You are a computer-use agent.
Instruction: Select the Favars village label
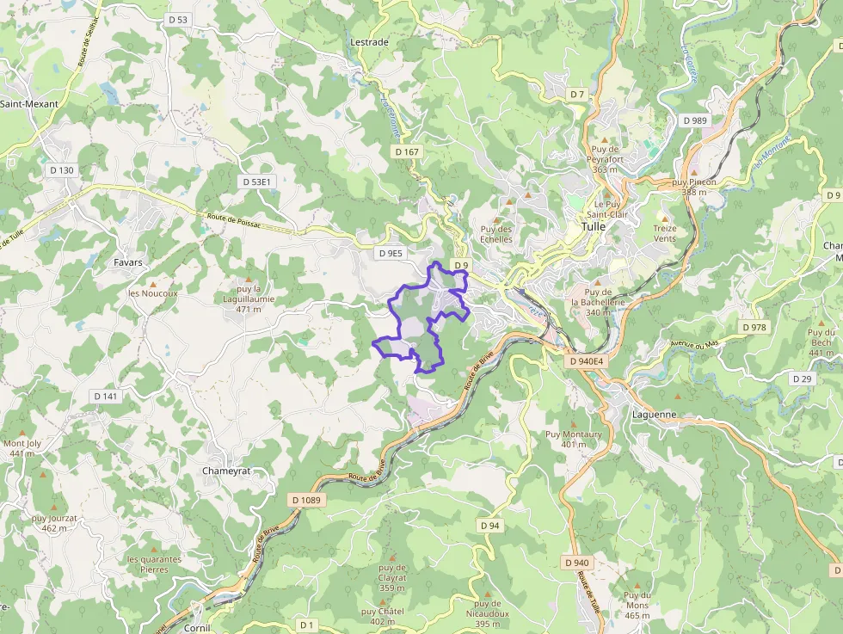coord(128,262)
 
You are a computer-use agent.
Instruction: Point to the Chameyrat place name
coord(226,471)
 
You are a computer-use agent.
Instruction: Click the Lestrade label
coord(370,41)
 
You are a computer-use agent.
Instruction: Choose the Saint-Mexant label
coord(29,104)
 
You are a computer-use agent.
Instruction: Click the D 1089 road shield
coord(305,500)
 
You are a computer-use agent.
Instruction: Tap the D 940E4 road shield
coord(587,362)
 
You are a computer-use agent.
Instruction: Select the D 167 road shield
coord(407,151)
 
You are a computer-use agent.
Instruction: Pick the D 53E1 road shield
coord(257,182)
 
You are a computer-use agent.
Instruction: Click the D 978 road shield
coord(754,327)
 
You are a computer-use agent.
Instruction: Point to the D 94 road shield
coord(489,525)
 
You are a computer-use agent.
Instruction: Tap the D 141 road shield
coord(105,396)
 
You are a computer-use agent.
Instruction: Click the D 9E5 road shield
coord(391,253)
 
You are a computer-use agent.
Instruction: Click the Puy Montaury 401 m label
coord(574,439)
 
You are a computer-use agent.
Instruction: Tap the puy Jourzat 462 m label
coord(54,523)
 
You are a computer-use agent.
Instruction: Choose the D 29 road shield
coord(802,379)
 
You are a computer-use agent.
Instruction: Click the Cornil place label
coord(197,628)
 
